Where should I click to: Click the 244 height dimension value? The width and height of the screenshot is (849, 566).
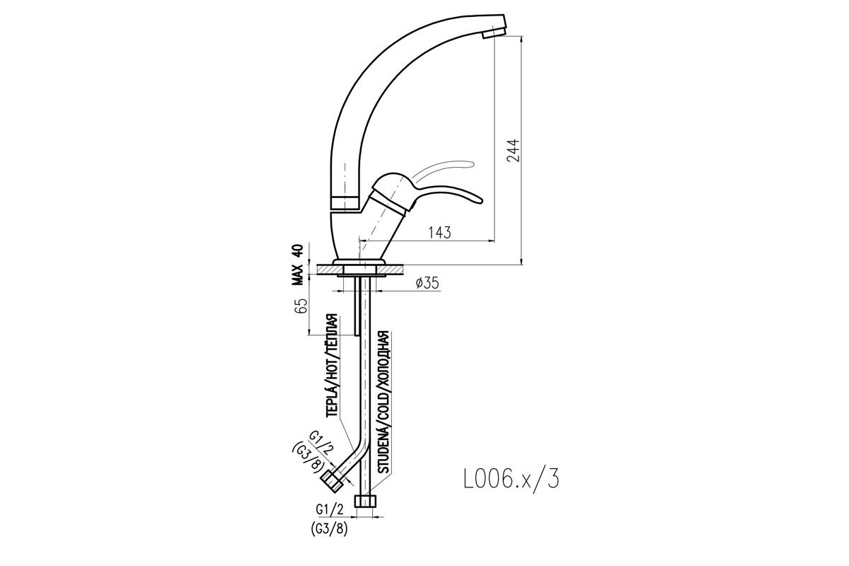tap(513, 151)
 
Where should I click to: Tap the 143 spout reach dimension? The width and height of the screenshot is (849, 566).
tap(439, 232)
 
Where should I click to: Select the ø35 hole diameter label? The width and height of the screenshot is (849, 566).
tap(427, 283)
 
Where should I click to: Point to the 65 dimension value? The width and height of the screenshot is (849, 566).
tap(301, 306)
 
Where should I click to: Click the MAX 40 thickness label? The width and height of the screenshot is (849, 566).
tap(298, 265)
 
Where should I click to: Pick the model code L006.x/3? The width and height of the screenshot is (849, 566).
tap(512, 480)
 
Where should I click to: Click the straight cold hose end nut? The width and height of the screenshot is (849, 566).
tap(365, 500)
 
